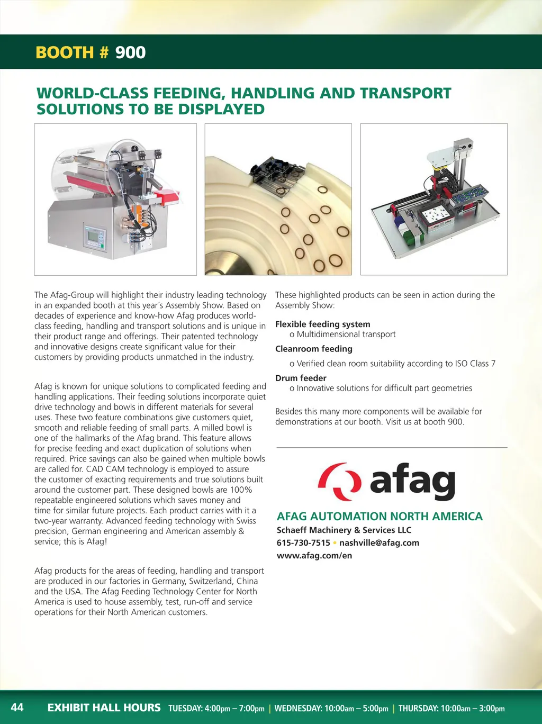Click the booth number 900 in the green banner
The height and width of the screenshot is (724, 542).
130,52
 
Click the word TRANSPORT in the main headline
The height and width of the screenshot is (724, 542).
405,93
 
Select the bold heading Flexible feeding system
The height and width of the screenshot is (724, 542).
322,324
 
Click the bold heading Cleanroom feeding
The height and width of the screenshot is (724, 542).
313,349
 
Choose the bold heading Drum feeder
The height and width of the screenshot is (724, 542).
301,378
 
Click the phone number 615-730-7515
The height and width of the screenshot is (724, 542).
303,542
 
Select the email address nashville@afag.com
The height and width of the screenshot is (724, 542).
379,542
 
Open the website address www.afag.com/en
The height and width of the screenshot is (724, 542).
314,555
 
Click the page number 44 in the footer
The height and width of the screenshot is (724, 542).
17,707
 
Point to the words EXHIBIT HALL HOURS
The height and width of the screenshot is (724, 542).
104,708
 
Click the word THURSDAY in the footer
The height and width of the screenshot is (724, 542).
418,708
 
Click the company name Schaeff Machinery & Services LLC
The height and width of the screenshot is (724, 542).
344,530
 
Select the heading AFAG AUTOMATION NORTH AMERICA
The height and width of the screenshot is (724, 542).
380,516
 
